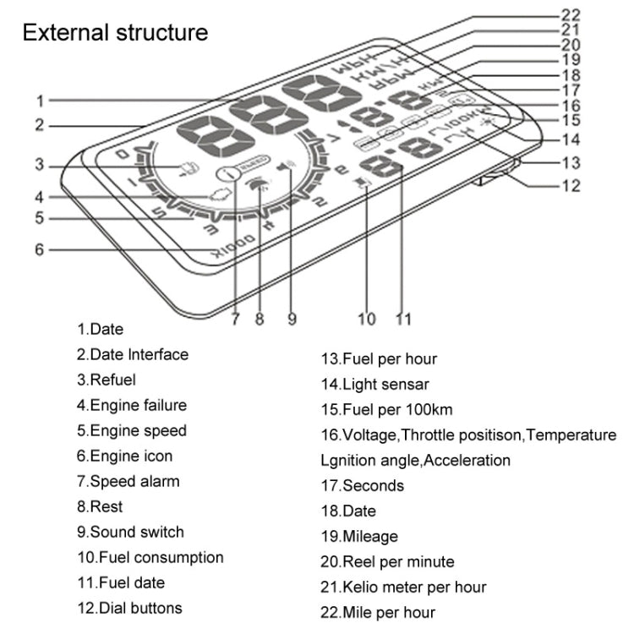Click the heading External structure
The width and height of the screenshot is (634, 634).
click(x=115, y=33)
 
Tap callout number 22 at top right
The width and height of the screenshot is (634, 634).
click(x=571, y=13)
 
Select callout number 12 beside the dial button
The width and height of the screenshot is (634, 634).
click(x=571, y=183)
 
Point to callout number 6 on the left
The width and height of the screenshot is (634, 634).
click(x=40, y=249)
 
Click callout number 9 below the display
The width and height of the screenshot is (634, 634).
click(x=292, y=319)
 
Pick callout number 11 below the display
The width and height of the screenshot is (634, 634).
click(x=403, y=319)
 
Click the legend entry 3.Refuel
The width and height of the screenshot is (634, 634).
click(x=106, y=380)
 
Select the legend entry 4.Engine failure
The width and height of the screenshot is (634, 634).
click(x=132, y=405)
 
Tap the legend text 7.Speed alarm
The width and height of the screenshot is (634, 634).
click(x=128, y=481)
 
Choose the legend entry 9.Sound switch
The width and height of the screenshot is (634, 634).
click(x=130, y=532)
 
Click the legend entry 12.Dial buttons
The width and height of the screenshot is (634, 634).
click(x=129, y=607)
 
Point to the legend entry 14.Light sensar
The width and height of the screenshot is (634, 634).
click(x=374, y=384)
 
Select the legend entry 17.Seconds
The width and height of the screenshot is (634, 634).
click(x=362, y=485)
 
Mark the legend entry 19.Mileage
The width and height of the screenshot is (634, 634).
click(x=359, y=536)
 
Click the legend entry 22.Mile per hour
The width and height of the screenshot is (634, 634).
click(x=378, y=612)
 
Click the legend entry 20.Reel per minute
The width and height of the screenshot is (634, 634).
click(x=386, y=561)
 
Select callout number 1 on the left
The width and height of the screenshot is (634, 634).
click(x=40, y=101)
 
